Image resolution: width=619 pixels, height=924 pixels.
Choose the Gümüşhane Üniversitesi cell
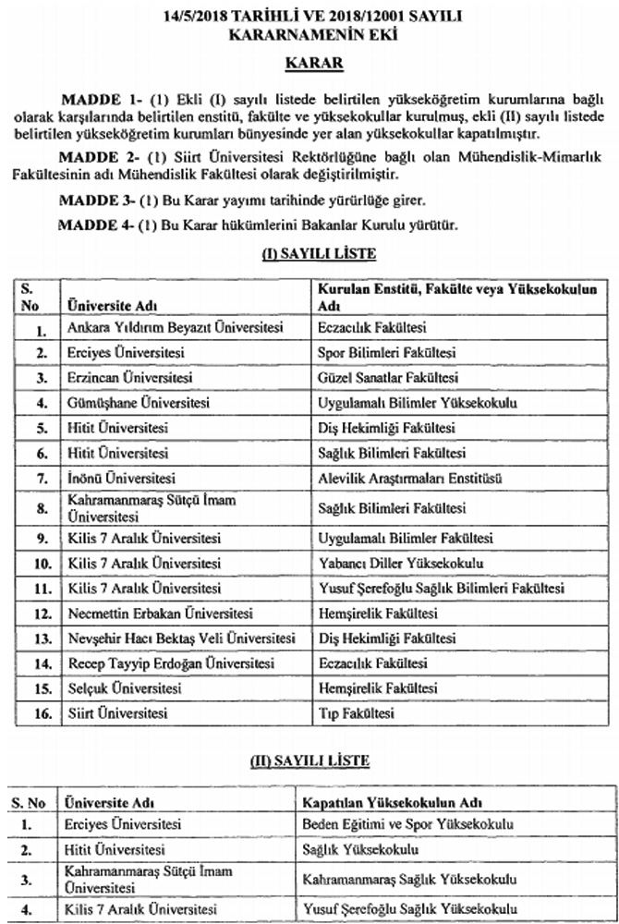(x=139, y=403)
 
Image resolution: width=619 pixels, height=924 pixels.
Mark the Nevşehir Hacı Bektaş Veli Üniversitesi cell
(x=181, y=638)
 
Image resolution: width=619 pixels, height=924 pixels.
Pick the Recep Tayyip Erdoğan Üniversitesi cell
(x=171, y=663)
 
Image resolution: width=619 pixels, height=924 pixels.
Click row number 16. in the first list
(x=41, y=714)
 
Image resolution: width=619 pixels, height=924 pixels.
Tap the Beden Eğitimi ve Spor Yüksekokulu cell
(x=407, y=824)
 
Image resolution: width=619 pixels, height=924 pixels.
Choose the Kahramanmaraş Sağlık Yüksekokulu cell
(x=407, y=877)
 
